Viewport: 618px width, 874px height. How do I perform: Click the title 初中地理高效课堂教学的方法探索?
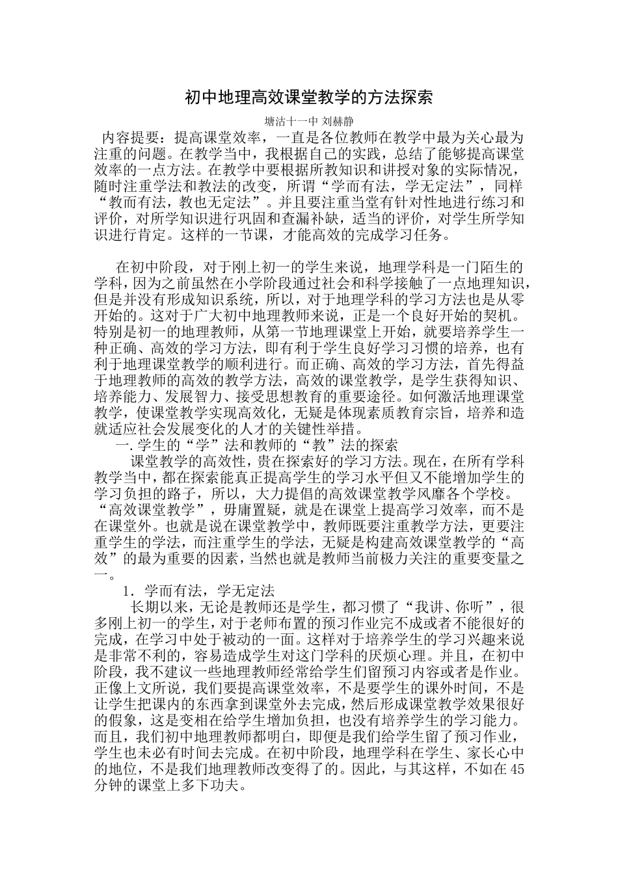click(308, 98)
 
